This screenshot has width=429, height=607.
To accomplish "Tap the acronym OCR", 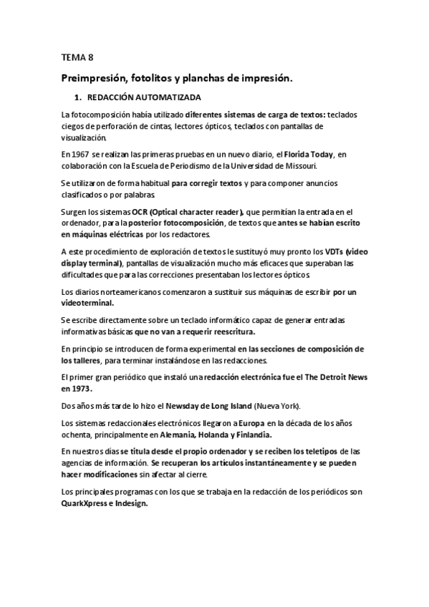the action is pyautogui.click(x=140, y=212).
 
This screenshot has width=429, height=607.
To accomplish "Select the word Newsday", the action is pyautogui.click(x=154, y=405).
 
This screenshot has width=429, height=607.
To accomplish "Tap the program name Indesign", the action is pyautogui.click(x=133, y=503).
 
